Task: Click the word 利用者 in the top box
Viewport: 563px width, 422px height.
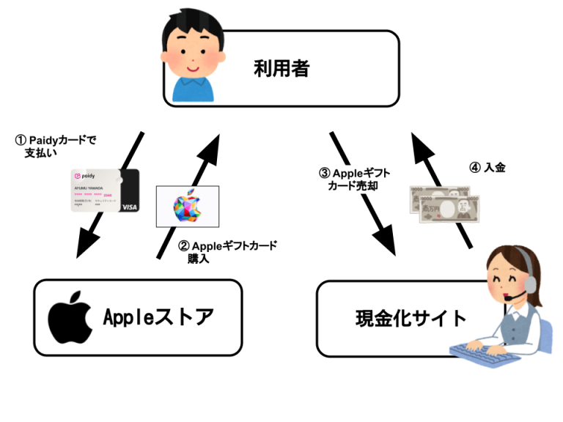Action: click(281, 69)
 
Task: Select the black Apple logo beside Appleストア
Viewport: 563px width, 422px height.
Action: click(70, 317)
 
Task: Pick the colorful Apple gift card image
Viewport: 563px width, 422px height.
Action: click(188, 204)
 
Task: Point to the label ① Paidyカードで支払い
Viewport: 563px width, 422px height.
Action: click(56, 145)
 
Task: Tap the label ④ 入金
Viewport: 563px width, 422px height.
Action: click(487, 168)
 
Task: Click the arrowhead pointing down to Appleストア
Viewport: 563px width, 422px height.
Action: click(88, 243)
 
